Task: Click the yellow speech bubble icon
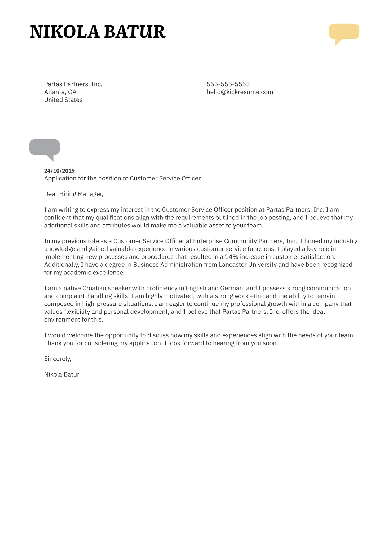(344, 32)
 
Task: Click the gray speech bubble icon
(45, 147)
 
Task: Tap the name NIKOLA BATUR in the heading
(98, 32)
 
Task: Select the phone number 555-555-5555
(228, 84)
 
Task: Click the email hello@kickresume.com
(240, 92)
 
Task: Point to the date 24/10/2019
(59, 171)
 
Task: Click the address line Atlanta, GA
(60, 92)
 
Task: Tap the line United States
(63, 100)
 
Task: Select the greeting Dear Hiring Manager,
(74, 194)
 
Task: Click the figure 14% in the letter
(231, 257)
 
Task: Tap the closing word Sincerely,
(58, 359)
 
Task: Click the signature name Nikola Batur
(61, 374)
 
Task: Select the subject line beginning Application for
(122, 178)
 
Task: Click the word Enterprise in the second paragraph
(207, 241)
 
